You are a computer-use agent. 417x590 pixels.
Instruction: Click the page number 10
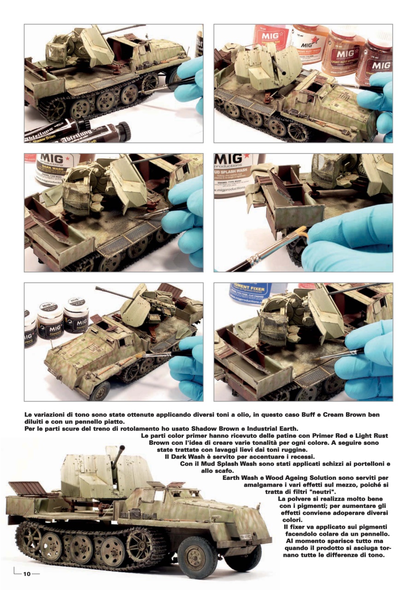(27, 574)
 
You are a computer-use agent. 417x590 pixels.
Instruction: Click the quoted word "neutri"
(323, 492)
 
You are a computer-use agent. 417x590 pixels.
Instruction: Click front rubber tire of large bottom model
(198, 557)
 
